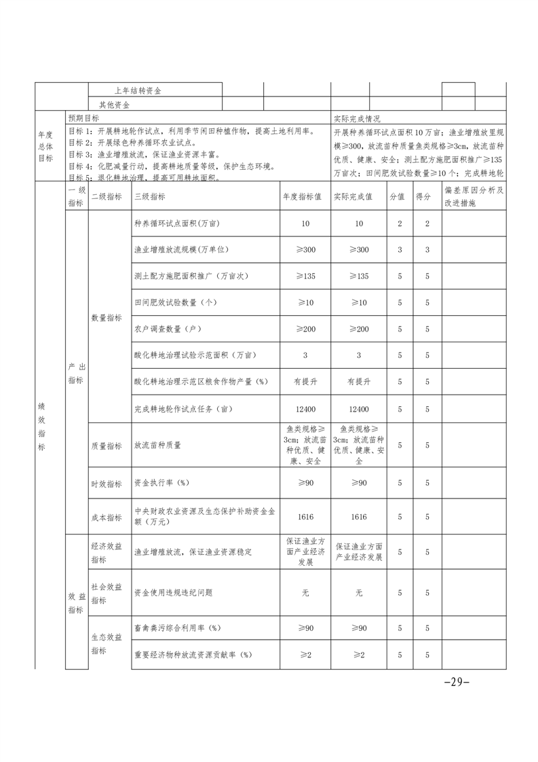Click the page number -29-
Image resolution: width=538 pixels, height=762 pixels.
tap(456, 682)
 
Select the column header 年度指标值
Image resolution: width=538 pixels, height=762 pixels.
tap(305, 196)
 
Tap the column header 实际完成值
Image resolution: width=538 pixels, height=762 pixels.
tap(358, 196)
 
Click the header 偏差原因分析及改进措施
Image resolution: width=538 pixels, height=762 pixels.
tap(473, 196)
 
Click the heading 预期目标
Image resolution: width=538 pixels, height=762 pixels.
tap(83, 118)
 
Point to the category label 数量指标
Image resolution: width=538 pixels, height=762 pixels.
tap(106, 317)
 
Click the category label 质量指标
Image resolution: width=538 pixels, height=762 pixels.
tap(106, 446)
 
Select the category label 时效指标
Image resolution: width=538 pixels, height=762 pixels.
tap(106, 484)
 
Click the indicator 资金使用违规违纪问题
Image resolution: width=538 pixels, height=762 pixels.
tap(174, 592)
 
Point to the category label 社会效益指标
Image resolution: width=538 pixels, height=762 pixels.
tap(106, 592)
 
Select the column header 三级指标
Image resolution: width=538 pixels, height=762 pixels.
tap(150, 196)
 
